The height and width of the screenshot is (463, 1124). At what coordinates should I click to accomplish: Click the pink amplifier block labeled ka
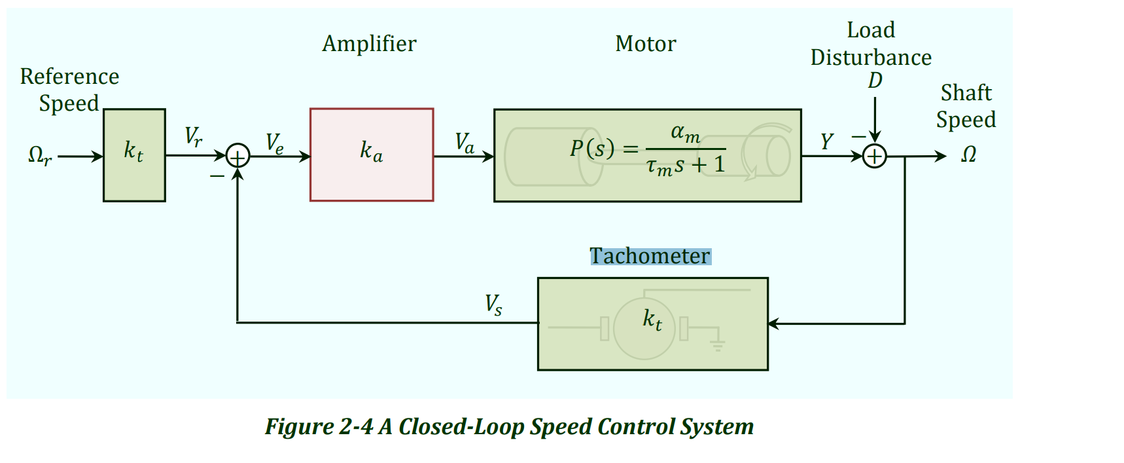click(372, 155)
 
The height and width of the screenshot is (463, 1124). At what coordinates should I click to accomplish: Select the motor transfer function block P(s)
click(647, 155)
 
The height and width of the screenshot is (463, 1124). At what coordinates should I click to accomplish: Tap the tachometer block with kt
click(652, 324)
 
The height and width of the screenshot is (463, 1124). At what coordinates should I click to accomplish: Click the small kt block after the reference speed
click(134, 155)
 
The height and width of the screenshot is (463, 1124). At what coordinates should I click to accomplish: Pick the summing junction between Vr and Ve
click(237, 157)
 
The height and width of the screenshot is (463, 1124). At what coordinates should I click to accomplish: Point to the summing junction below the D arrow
click(875, 157)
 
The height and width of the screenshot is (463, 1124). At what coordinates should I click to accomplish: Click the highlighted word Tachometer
click(650, 256)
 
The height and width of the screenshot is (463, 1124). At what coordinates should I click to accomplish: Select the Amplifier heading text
click(369, 44)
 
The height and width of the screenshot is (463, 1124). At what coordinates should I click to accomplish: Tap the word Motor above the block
click(646, 44)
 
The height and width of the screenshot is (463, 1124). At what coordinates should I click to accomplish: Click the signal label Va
click(465, 143)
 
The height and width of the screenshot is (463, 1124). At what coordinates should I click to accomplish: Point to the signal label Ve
click(275, 143)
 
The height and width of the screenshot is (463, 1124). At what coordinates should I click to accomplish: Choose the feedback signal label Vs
click(493, 305)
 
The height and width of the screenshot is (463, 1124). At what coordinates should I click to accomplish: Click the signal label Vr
click(194, 137)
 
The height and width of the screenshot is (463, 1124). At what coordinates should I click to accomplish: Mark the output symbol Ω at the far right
click(968, 155)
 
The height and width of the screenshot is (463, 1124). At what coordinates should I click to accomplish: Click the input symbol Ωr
click(40, 156)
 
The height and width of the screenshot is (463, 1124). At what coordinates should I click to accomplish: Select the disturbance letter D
click(875, 81)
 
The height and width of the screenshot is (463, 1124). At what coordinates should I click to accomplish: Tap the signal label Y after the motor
click(827, 141)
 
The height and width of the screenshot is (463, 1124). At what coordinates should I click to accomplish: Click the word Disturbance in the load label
click(871, 58)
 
